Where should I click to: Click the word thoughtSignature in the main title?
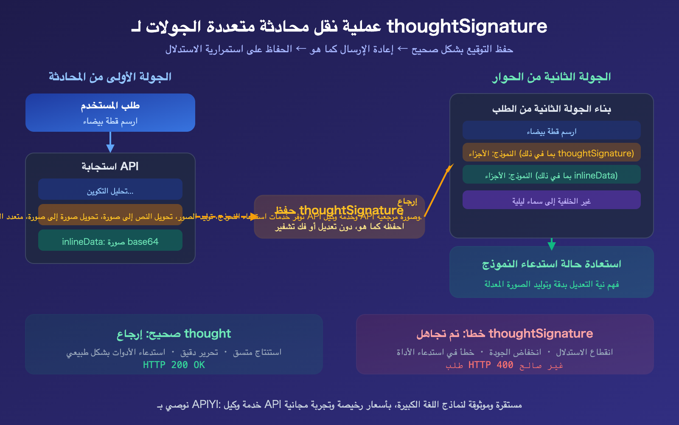tap(467, 26)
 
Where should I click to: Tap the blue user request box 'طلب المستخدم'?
tap(110, 113)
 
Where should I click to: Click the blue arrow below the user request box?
tap(110, 142)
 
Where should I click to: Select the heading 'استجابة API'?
tap(110, 166)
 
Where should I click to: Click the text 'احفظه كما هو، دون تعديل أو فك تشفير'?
tap(339, 227)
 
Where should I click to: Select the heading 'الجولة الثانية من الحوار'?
tap(551, 77)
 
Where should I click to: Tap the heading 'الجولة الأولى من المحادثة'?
tap(110, 77)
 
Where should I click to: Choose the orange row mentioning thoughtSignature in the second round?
tap(551, 153)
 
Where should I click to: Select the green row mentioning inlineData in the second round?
tap(551, 175)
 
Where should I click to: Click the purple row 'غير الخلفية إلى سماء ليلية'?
tap(551, 200)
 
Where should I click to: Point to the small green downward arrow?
tap(552, 244)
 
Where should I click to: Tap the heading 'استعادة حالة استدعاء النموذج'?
tap(551, 264)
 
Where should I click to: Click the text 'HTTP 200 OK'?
tap(174, 365)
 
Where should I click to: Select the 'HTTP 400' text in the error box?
tap(491, 365)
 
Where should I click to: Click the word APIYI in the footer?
tap(205, 404)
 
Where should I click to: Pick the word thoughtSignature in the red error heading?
tap(541, 334)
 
